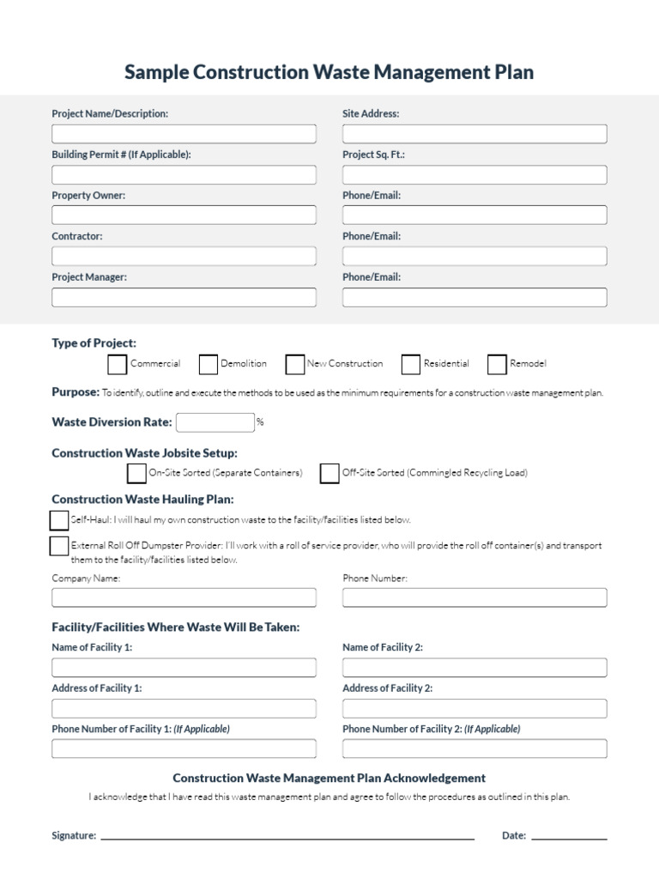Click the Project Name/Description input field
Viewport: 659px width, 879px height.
pos(184,134)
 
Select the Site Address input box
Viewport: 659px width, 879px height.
pos(475,134)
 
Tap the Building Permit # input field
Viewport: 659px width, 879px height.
pos(184,175)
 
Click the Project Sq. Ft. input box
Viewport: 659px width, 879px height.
pos(475,175)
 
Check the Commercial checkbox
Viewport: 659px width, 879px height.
pos(118,364)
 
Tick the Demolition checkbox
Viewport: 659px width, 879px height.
pos(208,364)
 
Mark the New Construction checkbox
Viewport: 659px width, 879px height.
pos(295,364)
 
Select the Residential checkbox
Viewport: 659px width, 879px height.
pos(411,364)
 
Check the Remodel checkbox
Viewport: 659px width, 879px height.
pos(497,364)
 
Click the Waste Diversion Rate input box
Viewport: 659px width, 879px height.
pos(215,422)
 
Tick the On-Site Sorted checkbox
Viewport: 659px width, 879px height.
pos(136,473)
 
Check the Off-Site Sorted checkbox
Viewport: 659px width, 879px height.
pos(329,473)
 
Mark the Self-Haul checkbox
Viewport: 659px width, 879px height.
pos(59,520)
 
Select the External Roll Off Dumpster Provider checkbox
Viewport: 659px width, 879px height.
pos(59,546)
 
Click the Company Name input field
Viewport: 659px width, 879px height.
pos(184,597)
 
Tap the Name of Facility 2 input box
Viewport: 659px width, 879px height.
pos(475,668)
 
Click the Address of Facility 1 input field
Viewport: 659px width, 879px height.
pos(184,708)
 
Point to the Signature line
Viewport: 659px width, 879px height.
pos(287,836)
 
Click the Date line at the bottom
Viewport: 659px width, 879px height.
pos(569,836)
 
